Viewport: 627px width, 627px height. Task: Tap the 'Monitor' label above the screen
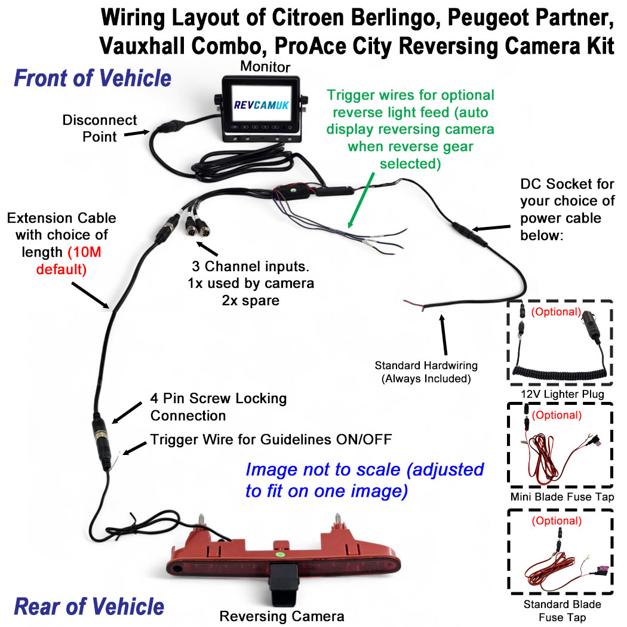(x=265, y=66)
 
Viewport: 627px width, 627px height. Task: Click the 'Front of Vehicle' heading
(x=93, y=78)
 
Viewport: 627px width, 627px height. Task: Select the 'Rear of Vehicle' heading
(x=89, y=606)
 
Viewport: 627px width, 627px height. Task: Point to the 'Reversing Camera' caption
(x=282, y=616)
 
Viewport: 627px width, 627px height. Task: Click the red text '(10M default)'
(x=62, y=260)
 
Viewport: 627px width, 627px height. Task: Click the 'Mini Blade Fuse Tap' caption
(x=562, y=496)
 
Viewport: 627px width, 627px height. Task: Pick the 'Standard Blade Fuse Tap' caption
(x=562, y=610)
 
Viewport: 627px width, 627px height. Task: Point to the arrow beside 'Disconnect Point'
(x=137, y=134)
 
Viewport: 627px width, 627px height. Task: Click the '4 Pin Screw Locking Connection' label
(x=218, y=406)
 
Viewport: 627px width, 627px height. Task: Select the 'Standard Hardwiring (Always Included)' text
(x=426, y=371)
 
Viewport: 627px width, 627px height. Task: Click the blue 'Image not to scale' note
(x=364, y=480)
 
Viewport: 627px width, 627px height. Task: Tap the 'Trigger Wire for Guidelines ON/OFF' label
(x=271, y=440)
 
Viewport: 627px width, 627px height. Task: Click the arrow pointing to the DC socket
(x=492, y=228)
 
